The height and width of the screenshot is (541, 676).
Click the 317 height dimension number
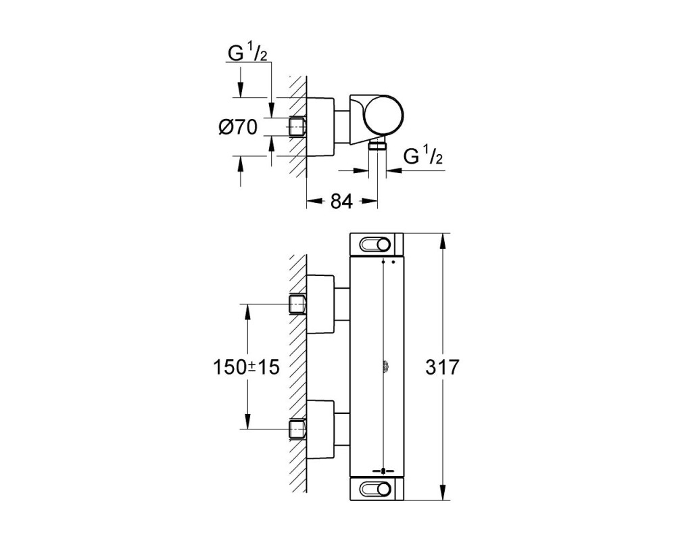pyautogui.click(x=442, y=367)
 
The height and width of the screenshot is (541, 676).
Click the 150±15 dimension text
pyautogui.click(x=246, y=367)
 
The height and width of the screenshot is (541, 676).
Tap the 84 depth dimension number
pyautogui.click(x=341, y=201)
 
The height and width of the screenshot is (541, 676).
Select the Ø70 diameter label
pyautogui.click(x=238, y=127)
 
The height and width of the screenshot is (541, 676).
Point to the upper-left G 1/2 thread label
pyautogui.click(x=247, y=53)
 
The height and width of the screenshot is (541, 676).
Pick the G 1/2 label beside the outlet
pyautogui.click(x=423, y=156)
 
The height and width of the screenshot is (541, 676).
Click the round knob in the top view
pyautogui.click(x=384, y=114)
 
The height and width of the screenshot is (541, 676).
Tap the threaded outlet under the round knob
pyautogui.click(x=378, y=145)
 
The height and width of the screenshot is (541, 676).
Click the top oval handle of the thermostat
pyautogui.click(x=375, y=245)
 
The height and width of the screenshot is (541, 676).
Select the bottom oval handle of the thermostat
pyautogui.click(x=375, y=489)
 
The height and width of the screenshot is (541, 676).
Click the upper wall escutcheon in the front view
pyautogui.click(x=320, y=304)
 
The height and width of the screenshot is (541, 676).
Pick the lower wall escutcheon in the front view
pyautogui.click(x=320, y=429)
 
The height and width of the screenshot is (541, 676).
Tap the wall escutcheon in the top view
pyautogui.click(x=320, y=127)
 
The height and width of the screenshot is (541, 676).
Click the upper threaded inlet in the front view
pyautogui.click(x=297, y=304)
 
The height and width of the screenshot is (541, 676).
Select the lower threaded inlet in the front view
pyautogui.click(x=297, y=429)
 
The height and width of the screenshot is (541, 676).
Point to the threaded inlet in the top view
pyautogui.click(x=297, y=127)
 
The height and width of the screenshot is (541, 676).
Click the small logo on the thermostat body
pyautogui.click(x=384, y=367)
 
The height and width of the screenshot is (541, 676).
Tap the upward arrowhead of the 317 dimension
pyautogui.click(x=442, y=241)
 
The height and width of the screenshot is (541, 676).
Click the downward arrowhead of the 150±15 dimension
pyautogui.click(x=247, y=421)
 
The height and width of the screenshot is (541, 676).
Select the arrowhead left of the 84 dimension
pyautogui.click(x=315, y=201)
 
